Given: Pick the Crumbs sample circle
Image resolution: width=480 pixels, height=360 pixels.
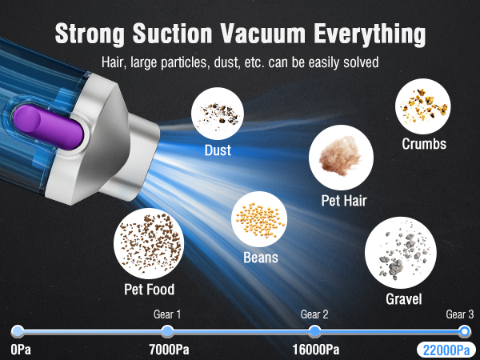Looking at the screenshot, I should pyautogui.click(x=422, y=106).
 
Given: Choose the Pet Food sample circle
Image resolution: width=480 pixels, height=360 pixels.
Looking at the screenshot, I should pyautogui.click(x=150, y=242).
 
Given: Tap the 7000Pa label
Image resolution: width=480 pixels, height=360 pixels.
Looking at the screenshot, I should pyautogui.click(x=169, y=350).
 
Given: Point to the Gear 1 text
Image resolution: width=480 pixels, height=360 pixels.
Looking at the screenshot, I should pyautogui.click(x=168, y=314).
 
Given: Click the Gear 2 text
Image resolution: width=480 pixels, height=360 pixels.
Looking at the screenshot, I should pyautogui.click(x=314, y=314).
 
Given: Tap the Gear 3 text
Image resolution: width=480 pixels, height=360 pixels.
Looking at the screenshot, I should pyautogui.click(x=460, y=314).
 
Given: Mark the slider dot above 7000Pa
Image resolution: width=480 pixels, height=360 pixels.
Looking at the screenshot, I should pyautogui.click(x=167, y=331).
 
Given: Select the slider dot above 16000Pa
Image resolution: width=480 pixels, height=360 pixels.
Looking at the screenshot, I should pyautogui.click(x=314, y=331).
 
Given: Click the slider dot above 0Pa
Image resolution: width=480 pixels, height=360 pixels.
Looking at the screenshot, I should pyautogui.click(x=18, y=331).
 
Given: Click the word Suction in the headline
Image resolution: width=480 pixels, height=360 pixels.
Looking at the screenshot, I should pyautogui.click(x=171, y=34).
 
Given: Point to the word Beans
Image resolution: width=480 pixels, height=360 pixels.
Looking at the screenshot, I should pyautogui.click(x=261, y=258).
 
